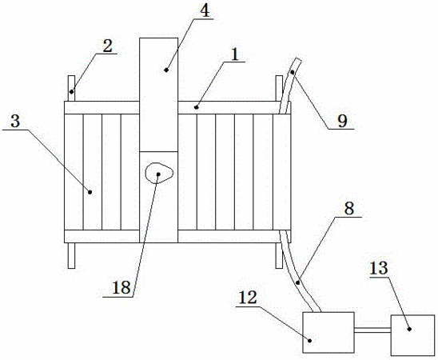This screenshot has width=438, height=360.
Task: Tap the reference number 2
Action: coord(108,46)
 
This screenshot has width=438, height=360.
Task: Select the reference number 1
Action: coord(235,54)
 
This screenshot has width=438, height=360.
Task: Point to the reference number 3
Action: coord(15,122)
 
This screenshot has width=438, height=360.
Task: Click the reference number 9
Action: coord(342,121)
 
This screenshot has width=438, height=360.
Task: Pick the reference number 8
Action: coord(349,208)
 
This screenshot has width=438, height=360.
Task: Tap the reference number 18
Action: coord(121,287)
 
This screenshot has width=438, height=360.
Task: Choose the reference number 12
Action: coord(248,298)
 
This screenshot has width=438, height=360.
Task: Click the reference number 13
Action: coord(379,268)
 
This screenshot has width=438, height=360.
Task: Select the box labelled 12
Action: coord(328,332)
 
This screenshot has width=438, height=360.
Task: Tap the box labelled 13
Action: coord(412,335)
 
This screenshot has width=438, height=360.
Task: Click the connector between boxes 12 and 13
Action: coord(372,330)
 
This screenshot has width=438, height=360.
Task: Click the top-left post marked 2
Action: coord(72,88)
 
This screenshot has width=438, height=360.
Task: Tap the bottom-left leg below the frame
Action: coord(72,255)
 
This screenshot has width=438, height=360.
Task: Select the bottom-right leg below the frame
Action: coord(279,255)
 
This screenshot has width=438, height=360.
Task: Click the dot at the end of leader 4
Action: coord(166,70)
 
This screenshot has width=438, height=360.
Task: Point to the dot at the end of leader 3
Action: coord(90,192)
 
